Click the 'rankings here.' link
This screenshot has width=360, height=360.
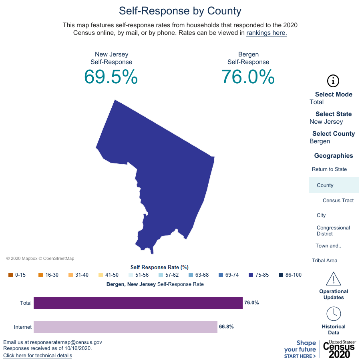(x=267, y=33)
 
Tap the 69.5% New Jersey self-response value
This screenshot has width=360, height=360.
(x=111, y=77)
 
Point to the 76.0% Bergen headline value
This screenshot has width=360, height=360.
(x=248, y=77)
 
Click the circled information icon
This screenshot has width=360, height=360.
(x=333, y=81)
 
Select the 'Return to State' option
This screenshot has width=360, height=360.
(x=329, y=169)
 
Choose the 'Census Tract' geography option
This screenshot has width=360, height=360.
(x=338, y=201)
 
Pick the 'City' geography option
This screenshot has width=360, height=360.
(x=321, y=215)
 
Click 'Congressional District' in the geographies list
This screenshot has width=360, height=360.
(x=333, y=231)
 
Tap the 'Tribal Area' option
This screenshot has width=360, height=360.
(x=324, y=261)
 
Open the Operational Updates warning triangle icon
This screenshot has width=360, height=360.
(x=333, y=278)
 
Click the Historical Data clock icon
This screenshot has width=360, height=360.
(x=333, y=314)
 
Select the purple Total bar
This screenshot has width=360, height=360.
(x=138, y=303)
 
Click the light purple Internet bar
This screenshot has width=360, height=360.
(x=125, y=327)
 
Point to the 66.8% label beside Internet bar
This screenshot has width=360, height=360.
(x=226, y=327)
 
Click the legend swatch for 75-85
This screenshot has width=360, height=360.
(x=251, y=275)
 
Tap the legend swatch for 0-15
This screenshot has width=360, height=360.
(x=10, y=275)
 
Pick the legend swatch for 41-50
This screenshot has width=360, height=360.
(x=101, y=275)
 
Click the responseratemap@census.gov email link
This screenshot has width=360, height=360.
(x=66, y=342)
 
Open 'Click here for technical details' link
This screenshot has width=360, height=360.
(x=38, y=356)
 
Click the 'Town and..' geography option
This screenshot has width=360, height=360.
(x=328, y=246)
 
